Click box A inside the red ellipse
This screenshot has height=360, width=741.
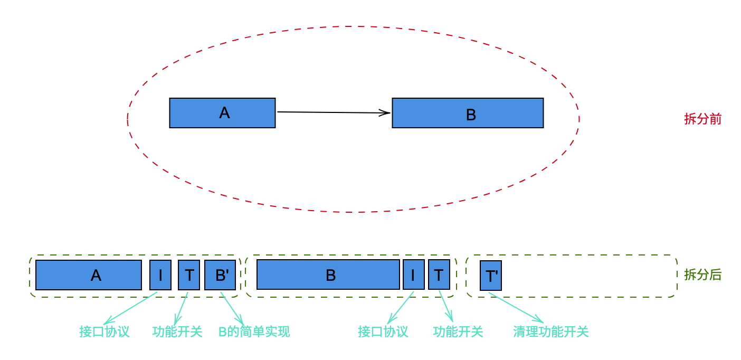point(222,113)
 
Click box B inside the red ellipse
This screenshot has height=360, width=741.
point(468,113)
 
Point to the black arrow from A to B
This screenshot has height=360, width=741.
point(334,112)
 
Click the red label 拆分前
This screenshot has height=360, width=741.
point(702,119)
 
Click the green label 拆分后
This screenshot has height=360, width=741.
point(702,274)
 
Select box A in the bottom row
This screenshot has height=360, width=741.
point(89,275)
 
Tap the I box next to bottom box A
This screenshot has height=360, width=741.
point(160,275)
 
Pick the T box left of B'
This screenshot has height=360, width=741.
point(189,275)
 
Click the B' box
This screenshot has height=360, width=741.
point(220,275)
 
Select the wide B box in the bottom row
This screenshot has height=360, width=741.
point(328,274)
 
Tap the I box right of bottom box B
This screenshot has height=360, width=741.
point(413,274)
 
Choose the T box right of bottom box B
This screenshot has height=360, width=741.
point(439,274)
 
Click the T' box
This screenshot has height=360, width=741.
point(491,276)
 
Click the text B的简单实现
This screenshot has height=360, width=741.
point(254,331)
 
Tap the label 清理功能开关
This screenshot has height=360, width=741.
point(551,331)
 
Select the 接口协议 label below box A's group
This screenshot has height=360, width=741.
point(104,331)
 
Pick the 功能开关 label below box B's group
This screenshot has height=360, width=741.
point(458,331)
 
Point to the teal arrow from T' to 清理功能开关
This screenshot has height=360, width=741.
point(516,307)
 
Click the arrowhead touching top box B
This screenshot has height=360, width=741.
point(385,113)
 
